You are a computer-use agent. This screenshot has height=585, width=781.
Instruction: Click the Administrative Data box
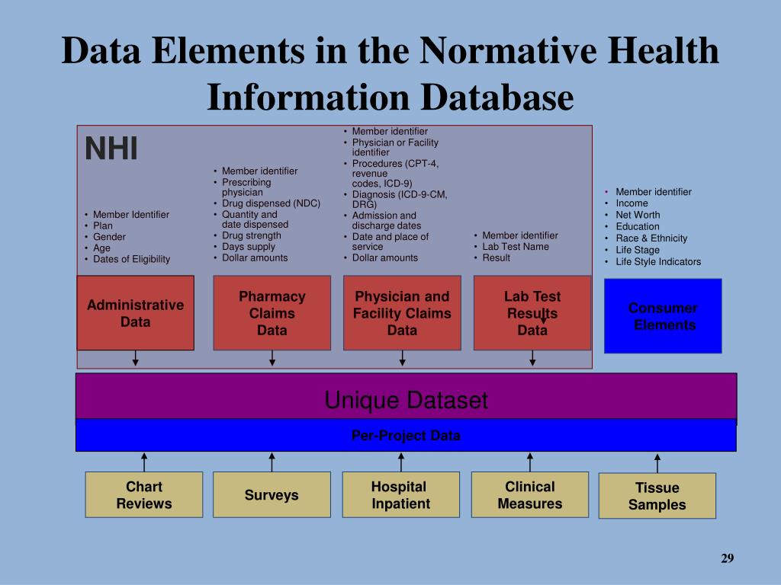135,313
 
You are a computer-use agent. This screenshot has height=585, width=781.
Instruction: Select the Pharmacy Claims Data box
272,313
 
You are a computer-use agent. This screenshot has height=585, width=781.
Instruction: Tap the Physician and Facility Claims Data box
402,313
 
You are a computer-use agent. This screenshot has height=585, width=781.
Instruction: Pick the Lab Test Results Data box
532,313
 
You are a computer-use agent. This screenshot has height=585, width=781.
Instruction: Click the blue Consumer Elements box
663,316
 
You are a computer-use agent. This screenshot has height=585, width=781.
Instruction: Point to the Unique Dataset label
406,400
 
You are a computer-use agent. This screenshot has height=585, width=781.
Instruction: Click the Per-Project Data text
406,436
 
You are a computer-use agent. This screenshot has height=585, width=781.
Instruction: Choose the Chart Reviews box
144,495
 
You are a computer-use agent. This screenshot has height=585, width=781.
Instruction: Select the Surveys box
272,495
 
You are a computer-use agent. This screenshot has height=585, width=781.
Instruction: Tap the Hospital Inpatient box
401,495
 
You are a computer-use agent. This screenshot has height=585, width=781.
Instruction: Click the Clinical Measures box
530,495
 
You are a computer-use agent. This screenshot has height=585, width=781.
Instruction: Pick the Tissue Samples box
657,496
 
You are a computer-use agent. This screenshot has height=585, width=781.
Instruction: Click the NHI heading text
111,149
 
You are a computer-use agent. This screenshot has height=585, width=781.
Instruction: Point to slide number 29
727,559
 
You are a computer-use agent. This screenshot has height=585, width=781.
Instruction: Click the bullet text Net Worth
638,215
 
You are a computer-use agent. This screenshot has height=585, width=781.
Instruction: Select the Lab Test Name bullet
516,246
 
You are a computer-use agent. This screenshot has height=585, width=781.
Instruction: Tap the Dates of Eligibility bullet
131,259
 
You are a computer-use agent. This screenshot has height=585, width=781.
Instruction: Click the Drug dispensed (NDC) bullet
271,203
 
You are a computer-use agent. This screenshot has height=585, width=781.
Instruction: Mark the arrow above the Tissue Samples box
657,462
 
